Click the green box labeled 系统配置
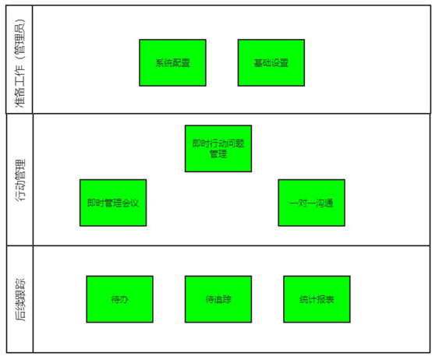[x=172, y=63]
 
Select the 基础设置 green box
[x=271, y=63]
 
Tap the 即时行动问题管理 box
[x=218, y=149]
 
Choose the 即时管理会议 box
[x=113, y=203]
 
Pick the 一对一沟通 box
[x=311, y=203]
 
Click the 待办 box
[x=119, y=299]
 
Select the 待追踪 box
[x=218, y=299]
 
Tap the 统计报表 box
[x=317, y=299]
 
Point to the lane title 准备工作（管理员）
[x=19, y=63]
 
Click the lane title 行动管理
[x=19, y=180]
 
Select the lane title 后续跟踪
[x=19, y=299]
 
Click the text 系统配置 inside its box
[x=172, y=63]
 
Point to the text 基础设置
[x=271, y=63]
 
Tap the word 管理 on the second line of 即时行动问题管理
[x=218, y=154]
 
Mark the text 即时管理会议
[x=113, y=203]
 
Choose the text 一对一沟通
[x=311, y=203]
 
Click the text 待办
[x=119, y=299]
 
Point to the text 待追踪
[x=218, y=299]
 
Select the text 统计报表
[x=317, y=299]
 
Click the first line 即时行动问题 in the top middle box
[x=218, y=143]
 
